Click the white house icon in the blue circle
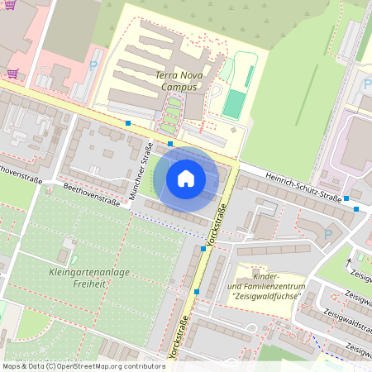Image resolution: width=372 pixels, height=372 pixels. click(186, 178)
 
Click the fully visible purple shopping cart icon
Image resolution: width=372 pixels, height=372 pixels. click(13, 74)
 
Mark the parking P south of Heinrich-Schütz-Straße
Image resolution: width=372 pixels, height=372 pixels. click(328, 235)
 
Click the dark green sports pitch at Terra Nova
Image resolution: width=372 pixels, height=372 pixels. click(234, 104)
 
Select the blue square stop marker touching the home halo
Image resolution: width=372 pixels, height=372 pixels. click(170, 144)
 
